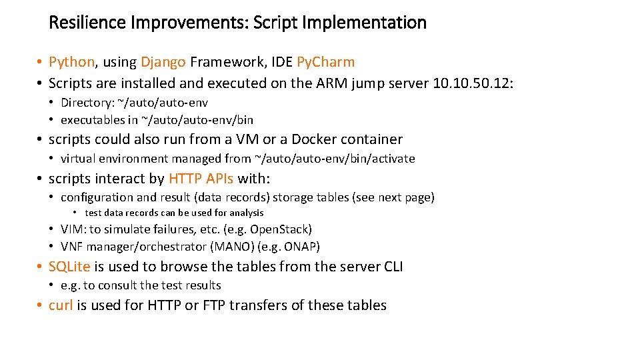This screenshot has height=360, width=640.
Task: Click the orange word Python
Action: point(72,62)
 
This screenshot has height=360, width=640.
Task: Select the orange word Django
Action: point(163,62)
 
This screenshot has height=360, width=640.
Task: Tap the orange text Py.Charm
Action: point(325,62)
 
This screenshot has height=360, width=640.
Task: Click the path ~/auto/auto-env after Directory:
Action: point(163,103)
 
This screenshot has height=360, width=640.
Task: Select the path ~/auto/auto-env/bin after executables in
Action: point(197,120)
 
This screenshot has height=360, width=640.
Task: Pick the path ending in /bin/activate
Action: point(335,159)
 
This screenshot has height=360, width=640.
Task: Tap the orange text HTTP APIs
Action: point(201,179)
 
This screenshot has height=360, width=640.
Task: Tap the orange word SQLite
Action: point(69,267)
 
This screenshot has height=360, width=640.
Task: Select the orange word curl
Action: point(61,305)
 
